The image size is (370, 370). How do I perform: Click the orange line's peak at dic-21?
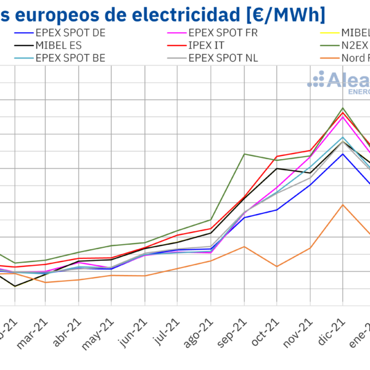point(343,205)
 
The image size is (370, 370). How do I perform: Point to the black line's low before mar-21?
point(15,286)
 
